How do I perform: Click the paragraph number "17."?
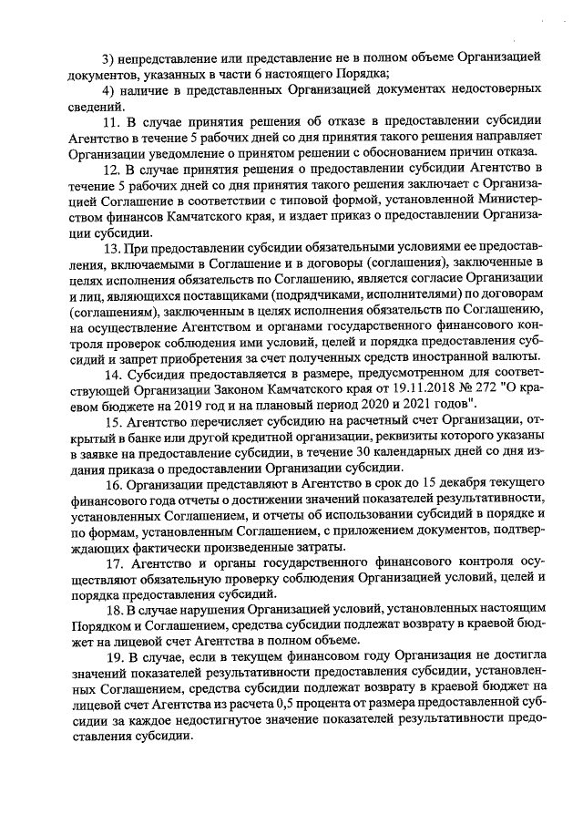point(117,563)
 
